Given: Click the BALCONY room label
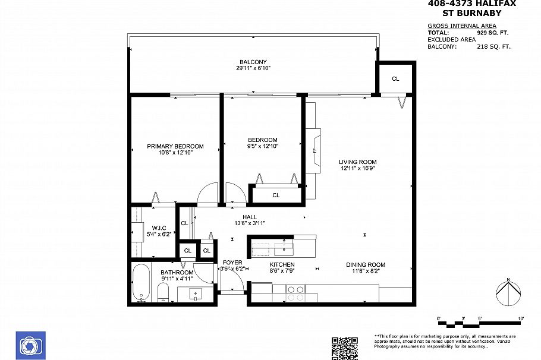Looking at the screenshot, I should (253, 62).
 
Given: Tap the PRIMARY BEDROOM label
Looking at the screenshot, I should (175, 146).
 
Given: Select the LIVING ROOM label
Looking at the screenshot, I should (357, 162).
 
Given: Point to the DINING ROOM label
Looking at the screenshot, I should (366, 265).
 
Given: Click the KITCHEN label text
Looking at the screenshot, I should (282, 264).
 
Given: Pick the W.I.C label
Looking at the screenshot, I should (159, 228).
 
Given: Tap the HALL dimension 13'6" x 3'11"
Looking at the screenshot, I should (249, 223).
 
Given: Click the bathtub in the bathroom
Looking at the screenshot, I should (141, 282).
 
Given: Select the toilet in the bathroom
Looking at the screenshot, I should (163, 292).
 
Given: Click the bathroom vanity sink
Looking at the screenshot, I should (196, 293).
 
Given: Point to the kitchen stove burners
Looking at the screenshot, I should (295, 293).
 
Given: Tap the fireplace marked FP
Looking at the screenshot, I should (313, 150).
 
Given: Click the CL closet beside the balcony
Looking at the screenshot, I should (395, 78).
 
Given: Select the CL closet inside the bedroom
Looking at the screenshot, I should (276, 195).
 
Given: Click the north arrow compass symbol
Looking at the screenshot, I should (508, 293).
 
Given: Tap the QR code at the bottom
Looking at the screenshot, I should (344, 348).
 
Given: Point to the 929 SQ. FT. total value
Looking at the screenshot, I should (493, 33).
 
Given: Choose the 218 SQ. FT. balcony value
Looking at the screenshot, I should (493, 46).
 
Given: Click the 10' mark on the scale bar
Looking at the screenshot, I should (521, 320).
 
